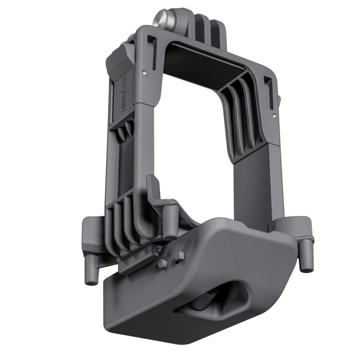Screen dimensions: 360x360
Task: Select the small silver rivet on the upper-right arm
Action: pos(274,115)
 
